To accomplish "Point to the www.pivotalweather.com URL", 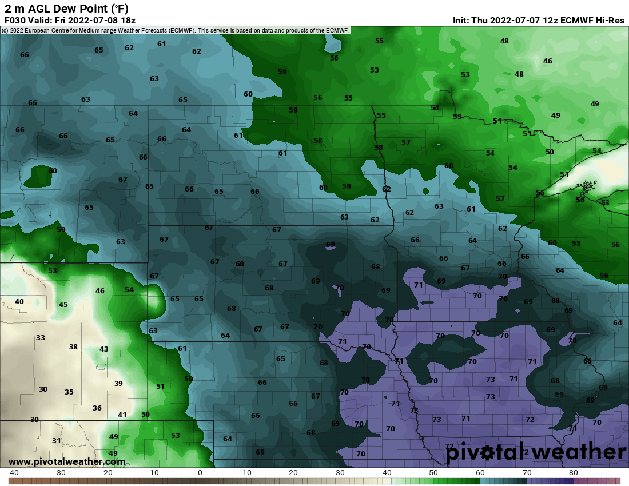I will [67, 461].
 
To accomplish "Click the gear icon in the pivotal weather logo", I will [487, 453].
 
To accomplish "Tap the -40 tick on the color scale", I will [13, 473].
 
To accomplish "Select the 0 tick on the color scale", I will [200, 473].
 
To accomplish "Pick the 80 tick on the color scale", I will [574, 473].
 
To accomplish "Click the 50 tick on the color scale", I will [433, 473].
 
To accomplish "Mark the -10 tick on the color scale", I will [153, 473].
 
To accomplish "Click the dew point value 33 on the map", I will [41, 338].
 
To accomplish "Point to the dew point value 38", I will [73, 347].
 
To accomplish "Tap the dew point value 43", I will [104, 349].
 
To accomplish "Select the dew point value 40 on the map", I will [19, 301].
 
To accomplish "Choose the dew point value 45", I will [63, 305].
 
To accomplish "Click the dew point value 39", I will [118, 383].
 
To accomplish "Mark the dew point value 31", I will [57, 441].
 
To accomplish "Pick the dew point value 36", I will [97, 408].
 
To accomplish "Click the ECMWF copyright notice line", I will [175, 30].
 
